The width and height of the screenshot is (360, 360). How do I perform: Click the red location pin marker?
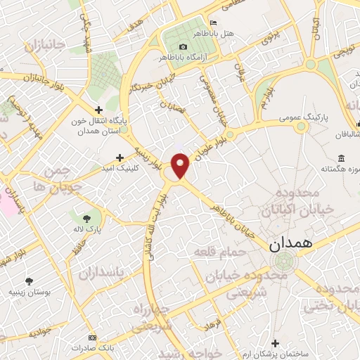click(181, 165)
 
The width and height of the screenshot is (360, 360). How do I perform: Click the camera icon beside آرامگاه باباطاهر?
click(184, 46)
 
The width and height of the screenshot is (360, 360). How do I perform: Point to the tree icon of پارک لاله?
click(86, 218)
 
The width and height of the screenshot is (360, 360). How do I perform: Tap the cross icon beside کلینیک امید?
click(120, 157)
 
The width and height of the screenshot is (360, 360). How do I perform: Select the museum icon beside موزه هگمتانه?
click(341, 157)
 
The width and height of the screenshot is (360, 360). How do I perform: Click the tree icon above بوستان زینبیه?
click(29, 281)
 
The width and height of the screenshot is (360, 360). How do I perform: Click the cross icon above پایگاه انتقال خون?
click(98, 110)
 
